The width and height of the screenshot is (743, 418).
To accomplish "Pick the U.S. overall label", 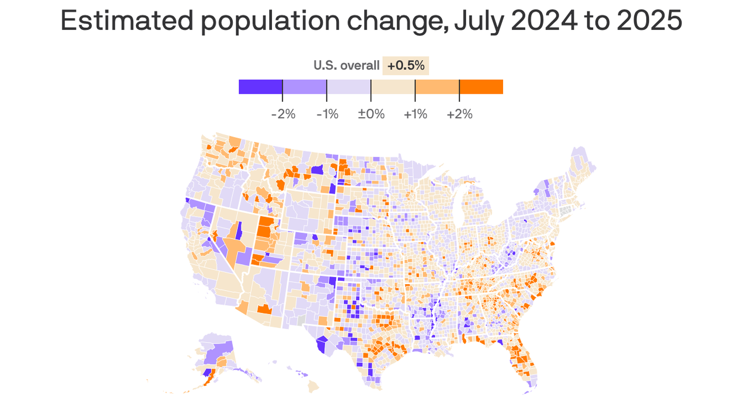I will click(346, 66).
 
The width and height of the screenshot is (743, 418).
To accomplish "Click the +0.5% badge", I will click(406, 66).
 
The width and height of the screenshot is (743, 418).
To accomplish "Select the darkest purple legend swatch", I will click(260, 87).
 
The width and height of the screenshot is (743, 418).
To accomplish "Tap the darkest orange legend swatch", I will click(481, 87).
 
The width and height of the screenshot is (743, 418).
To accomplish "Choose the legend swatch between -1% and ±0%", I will click(349, 87).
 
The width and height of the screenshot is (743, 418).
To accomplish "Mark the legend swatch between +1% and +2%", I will click(437, 87).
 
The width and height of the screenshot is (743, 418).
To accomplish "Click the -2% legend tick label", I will click(283, 114).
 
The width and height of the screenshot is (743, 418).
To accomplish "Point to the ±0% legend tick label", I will click(371, 114).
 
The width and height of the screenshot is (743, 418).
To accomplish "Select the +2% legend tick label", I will click(460, 114).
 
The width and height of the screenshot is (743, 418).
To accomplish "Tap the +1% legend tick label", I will click(415, 114).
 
